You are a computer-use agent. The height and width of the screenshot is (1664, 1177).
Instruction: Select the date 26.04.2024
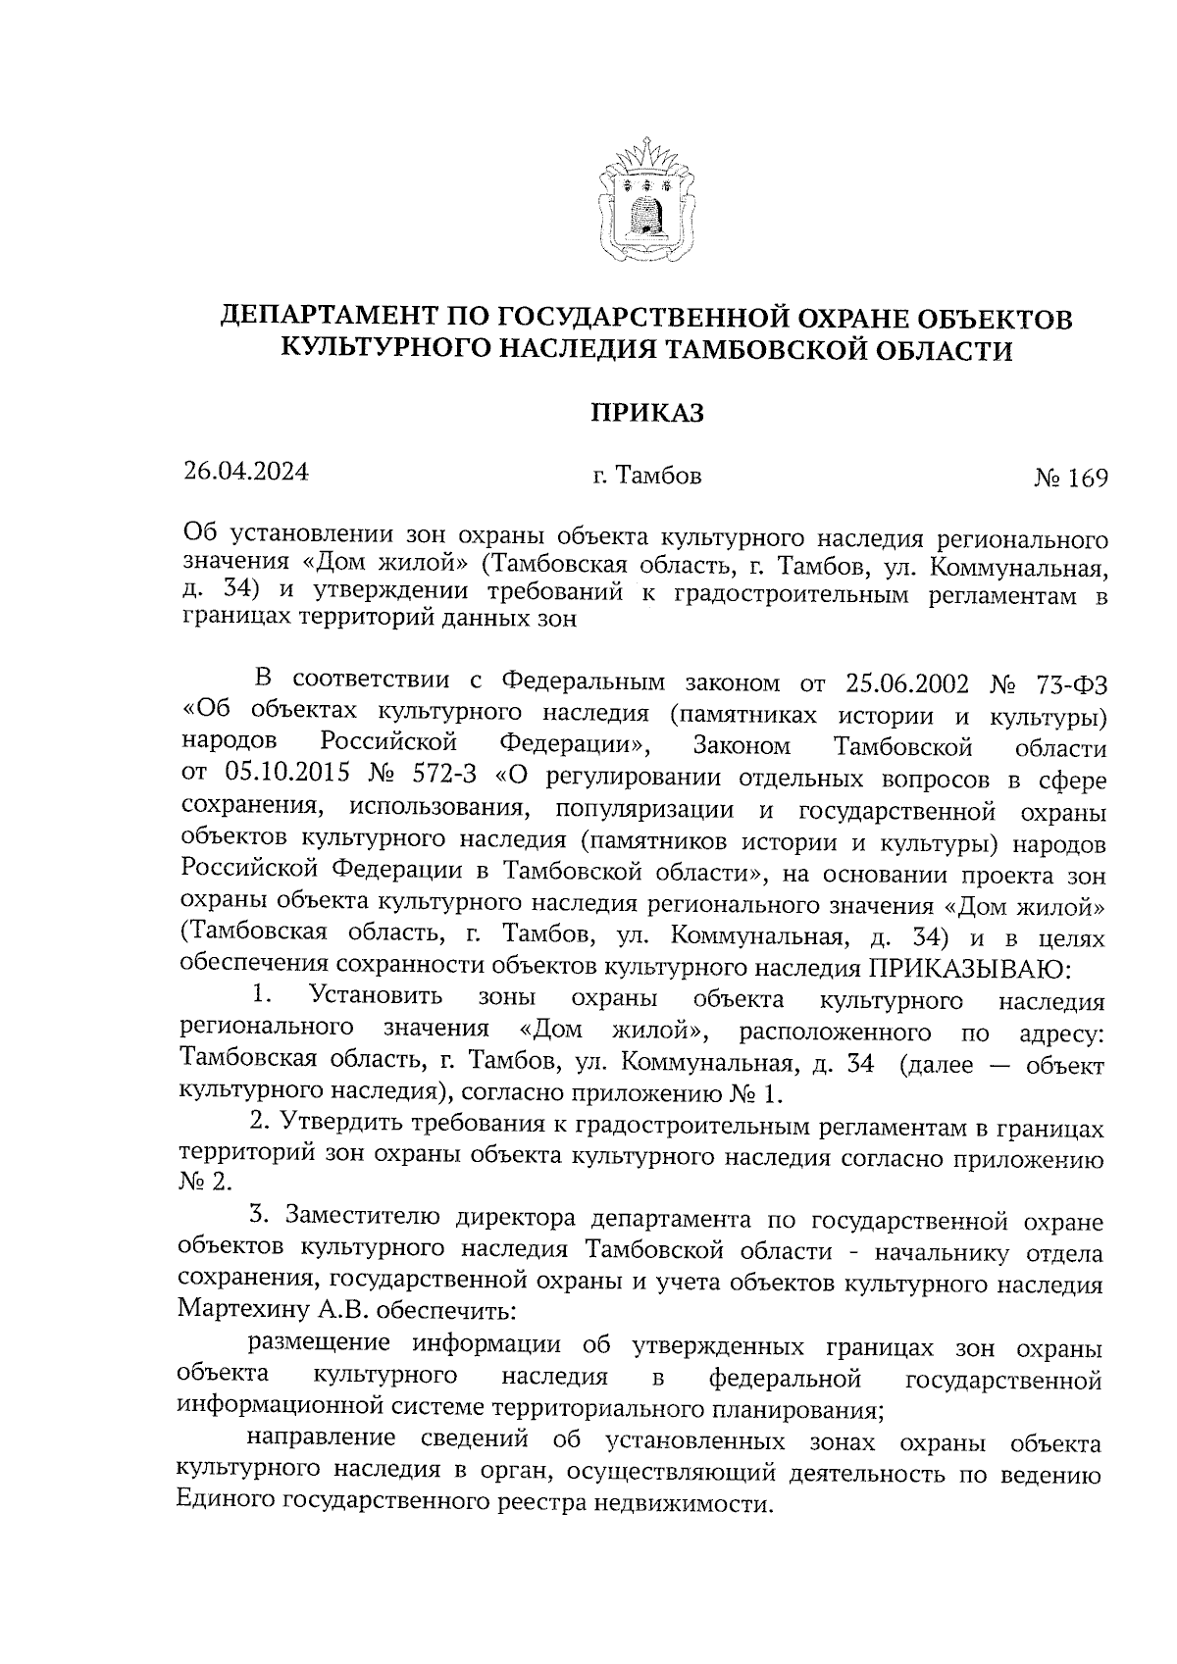click(x=246, y=472)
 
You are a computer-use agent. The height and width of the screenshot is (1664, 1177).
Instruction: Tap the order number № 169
click(x=1070, y=479)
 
